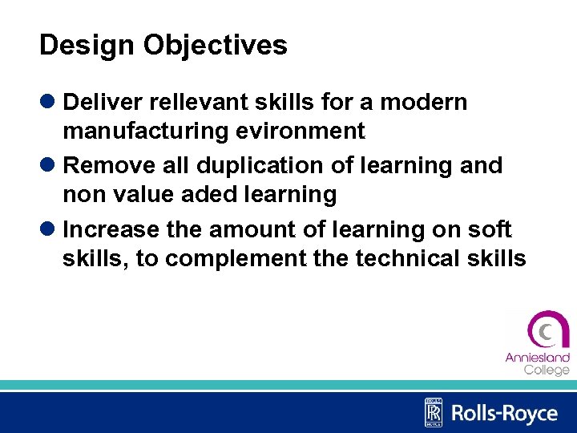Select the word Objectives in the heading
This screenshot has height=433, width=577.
[215, 46]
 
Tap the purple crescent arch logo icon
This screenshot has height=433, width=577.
[547, 330]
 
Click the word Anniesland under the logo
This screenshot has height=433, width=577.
[537, 358]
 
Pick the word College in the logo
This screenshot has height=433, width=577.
[547, 370]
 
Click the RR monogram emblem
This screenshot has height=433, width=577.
[433, 412]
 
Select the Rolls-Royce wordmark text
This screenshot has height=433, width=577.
[504, 413]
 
